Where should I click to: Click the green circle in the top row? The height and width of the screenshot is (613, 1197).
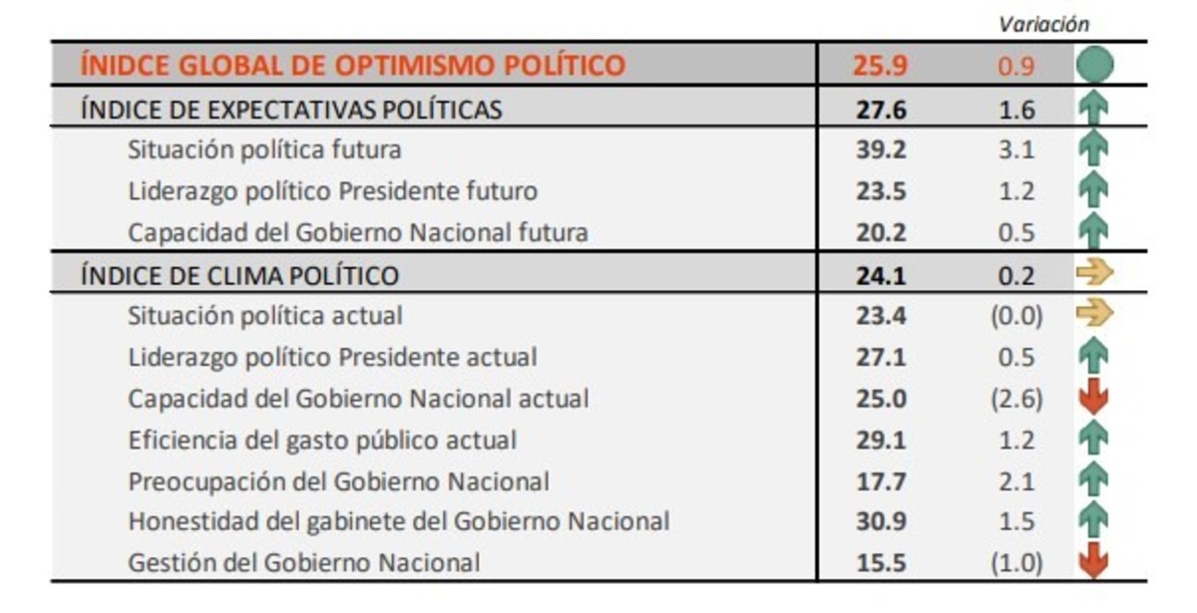[x=1094, y=66]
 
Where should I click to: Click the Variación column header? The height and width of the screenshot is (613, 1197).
[x=1043, y=24]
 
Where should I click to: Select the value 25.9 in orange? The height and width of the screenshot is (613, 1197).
[x=880, y=66]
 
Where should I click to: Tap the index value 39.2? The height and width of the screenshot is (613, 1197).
[x=881, y=150]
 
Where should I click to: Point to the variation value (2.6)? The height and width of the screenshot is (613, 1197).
[x=1015, y=399]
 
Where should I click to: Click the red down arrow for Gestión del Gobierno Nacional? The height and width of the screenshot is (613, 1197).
[x=1094, y=562]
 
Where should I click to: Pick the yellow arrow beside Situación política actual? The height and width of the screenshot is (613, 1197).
[x=1094, y=315]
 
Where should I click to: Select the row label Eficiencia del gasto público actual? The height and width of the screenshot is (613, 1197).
[x=322, y=440]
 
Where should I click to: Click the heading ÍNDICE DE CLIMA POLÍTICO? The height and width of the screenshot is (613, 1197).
[x=239, y=275]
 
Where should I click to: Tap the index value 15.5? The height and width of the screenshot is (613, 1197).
[x=881, y=563]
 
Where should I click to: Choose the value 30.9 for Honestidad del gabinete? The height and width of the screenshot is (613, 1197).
[x=881, y=521]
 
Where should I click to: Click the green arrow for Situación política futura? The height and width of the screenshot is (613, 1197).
[x=1094, y=150]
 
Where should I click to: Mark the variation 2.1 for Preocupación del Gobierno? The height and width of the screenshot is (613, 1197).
[x=1015, y=481]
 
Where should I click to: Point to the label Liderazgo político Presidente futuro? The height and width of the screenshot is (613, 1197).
[x=332, y=190]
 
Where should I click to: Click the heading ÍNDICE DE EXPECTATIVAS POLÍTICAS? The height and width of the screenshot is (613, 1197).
[x=291, y=109]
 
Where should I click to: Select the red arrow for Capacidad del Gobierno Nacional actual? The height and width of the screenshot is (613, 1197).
[x=1094, y=398]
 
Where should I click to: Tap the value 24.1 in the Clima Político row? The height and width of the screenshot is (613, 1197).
[x=881, y=275]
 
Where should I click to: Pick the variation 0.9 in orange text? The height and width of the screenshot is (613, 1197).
[x=1015, y=67]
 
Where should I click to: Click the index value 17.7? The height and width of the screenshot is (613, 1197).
[x=881, y=481]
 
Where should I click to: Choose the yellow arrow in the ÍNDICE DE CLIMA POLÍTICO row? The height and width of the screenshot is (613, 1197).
[x=1094, y=273]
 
